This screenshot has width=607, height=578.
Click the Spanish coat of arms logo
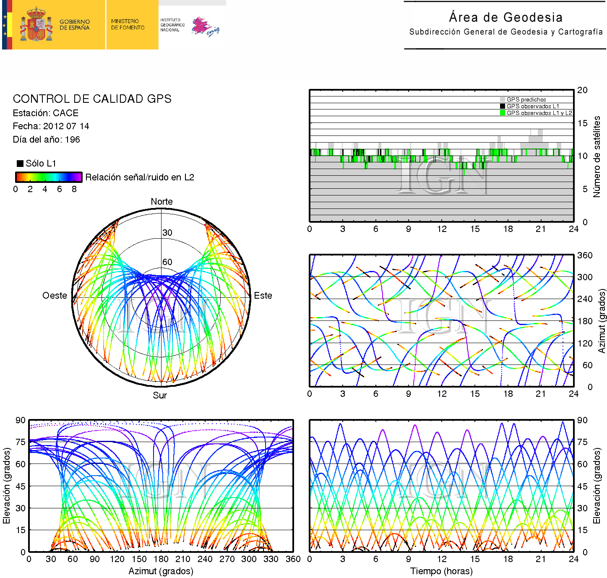point(36,25)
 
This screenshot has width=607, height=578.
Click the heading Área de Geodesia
point(505,17)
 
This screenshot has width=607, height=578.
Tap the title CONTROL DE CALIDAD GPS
point(92,99)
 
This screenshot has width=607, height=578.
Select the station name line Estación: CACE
point(45,113)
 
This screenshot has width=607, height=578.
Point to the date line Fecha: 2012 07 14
point(51,126)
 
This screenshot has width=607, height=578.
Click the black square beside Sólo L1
point(20,163)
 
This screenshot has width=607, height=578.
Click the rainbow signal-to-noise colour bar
point(48,177)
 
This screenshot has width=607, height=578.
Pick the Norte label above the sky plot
point(162,201)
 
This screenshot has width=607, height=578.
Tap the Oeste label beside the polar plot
point(55,295)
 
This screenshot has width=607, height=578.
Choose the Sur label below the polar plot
point(160,395)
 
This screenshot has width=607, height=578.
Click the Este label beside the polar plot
point(263,295)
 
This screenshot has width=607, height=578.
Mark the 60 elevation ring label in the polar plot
point(167,262)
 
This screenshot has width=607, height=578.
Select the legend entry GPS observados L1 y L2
point(539,113)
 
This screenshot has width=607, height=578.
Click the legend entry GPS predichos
point(526,99)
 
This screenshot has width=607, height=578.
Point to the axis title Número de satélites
point(597,156)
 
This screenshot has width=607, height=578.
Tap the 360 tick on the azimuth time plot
point(585,255)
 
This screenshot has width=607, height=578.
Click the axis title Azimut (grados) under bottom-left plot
point(161,571)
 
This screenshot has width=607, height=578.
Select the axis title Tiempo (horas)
point(441,571)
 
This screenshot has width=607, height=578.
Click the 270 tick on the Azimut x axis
point(227,559)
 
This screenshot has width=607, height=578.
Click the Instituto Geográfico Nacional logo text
point(170,25)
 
